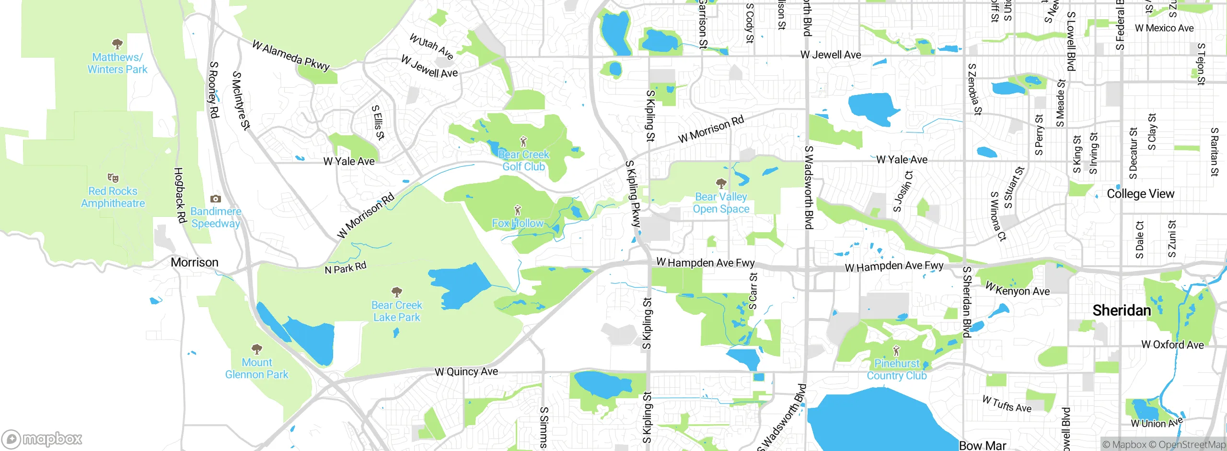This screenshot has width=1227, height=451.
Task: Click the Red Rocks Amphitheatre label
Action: pos(113,197)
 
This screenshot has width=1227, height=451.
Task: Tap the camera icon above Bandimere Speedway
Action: pos(216,199)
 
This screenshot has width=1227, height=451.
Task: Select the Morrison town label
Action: pos(195,262)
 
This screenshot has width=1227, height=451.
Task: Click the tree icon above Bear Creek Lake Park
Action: pos(396,292)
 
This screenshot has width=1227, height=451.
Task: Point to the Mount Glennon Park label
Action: pos(256,368)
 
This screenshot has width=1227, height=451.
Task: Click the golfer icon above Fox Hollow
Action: pos(517,210)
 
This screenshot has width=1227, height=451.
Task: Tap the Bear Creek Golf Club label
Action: pos(523,161)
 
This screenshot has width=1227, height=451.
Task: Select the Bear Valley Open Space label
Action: pos(721,203)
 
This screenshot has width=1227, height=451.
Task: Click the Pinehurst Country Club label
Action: pos(896,370)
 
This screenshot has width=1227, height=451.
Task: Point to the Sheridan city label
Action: pos(1122,310)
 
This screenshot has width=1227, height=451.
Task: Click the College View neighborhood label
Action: pos(1140,194)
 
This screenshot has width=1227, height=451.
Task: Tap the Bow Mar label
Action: pos(983,445)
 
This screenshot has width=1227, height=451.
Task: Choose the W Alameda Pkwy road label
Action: pos(291,56)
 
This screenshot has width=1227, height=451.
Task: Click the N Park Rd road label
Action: pos(345,268)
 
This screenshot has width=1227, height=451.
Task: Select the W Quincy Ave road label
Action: pos(466,372)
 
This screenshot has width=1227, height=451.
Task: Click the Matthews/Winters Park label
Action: pos(117,63)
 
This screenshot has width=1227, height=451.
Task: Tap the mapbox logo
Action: pos(42,439)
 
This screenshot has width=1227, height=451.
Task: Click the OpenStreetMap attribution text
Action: pos(1191,445)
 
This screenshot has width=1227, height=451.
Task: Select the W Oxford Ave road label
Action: pos(1172,344)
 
